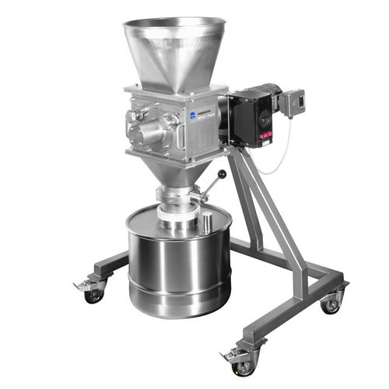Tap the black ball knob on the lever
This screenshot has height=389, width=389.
click(222, 175)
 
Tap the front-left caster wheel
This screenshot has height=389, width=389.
click(94, 295)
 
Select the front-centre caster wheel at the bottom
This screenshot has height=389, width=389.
click(243, 366)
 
